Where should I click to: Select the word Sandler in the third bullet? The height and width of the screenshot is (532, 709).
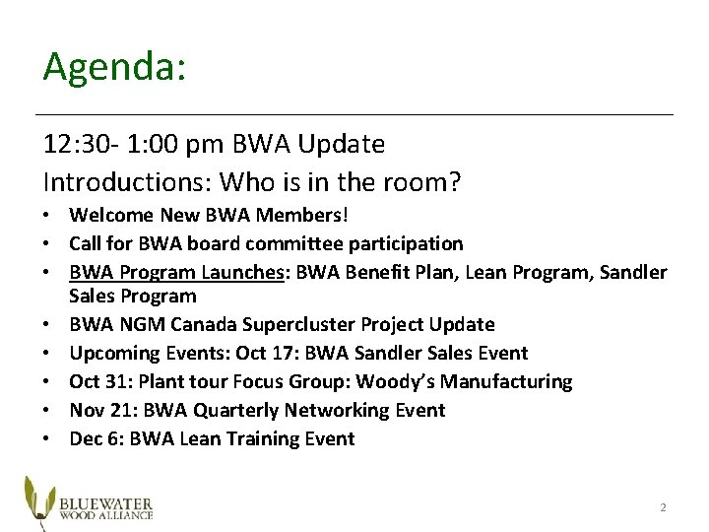point(635,271)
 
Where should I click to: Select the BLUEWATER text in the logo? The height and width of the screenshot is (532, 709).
point(104,498)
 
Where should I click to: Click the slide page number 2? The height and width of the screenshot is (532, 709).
point(663,507)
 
